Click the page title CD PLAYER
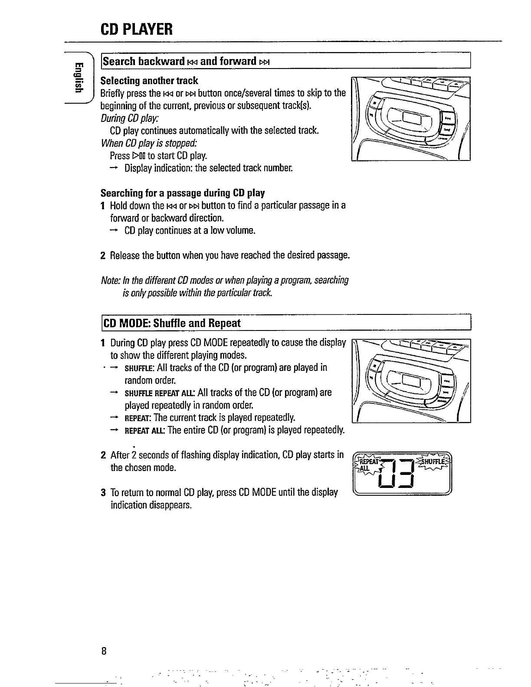(137, 29)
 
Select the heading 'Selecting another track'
(149, 81)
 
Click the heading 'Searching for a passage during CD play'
(182, 193)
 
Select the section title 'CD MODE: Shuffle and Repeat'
(170, 323)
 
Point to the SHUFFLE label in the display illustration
(432, 461)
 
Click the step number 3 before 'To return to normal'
(103, 493)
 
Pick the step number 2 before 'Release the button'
(103, 255)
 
